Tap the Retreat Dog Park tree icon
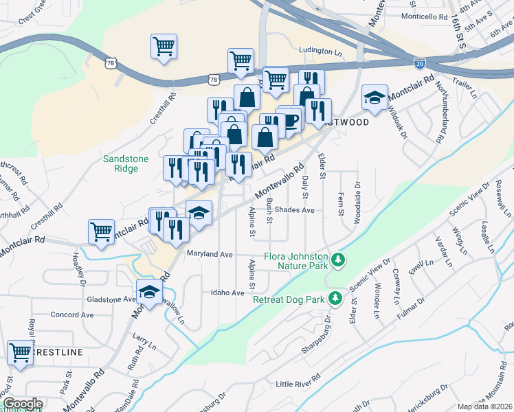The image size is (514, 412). click(335, 299)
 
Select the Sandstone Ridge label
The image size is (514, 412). click(126, 163)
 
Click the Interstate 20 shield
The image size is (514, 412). click(420, 63)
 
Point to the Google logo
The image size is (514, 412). click(22, 404)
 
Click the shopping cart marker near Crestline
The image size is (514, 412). click(21, 354)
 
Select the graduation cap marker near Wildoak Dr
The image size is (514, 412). click(375, 98)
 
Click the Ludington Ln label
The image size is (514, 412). click(321, 51)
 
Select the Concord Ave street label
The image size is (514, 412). click(72, 314)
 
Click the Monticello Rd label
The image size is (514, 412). click(424, 16)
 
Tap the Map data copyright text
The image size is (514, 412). click(485, 407)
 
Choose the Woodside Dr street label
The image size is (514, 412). click(357, 197)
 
